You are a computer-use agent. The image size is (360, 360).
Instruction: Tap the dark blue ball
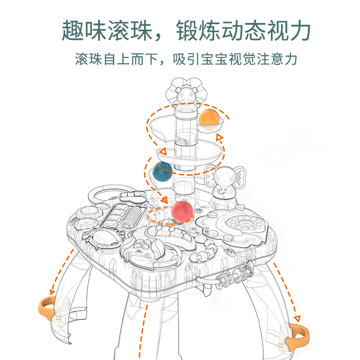162,171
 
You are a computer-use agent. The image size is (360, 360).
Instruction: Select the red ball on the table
181,211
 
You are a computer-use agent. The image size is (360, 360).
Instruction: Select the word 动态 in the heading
246,30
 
